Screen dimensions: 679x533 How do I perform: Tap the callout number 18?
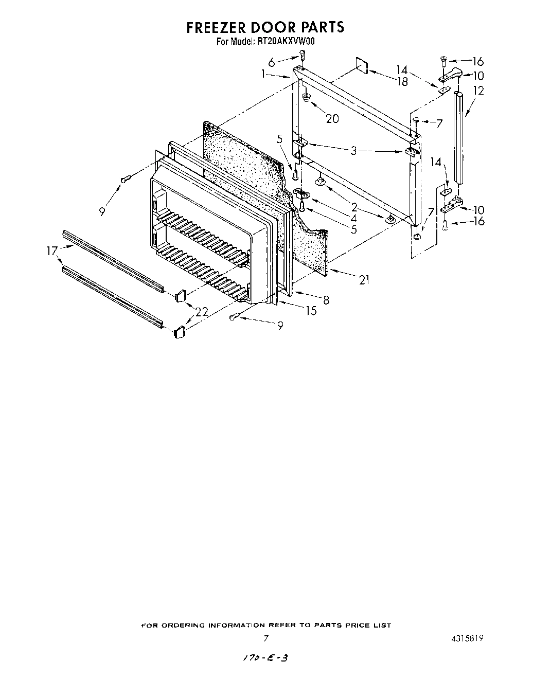pyautogui.click(x=402, y=81)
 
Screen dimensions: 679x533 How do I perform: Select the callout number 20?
pyautogui.click(x=332, y=118)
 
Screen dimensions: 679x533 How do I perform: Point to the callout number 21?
pyautogui.click(x=364, y=280)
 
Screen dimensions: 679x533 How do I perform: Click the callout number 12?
pyautogui.click(x=478, y=91)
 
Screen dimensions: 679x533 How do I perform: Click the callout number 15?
pyautogui.click(x=310, y=311)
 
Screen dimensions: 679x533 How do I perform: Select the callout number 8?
pyautogui.click(x=326, y=299)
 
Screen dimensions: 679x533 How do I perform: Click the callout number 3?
pyautogui.click(x=353, y=151)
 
